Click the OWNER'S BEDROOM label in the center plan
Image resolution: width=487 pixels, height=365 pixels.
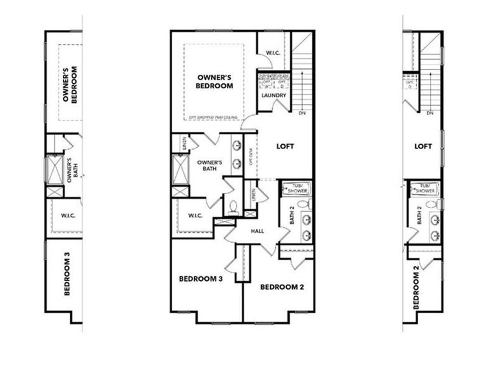(x=214, y=82)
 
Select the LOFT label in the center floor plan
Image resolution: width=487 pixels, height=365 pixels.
(x=286, y=147)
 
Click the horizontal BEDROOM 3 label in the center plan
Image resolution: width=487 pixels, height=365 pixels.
(x=200, y=279)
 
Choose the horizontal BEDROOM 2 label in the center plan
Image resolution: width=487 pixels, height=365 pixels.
(x=281, y=287)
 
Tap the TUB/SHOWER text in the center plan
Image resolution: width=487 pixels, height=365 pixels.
(x=295, y=188)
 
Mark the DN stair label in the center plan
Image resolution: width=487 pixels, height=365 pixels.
(x=303, y=113)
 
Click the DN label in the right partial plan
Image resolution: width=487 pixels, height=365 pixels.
(x=430, y=113)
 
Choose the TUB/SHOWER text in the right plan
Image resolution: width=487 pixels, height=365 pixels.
(x=424, y=188)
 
